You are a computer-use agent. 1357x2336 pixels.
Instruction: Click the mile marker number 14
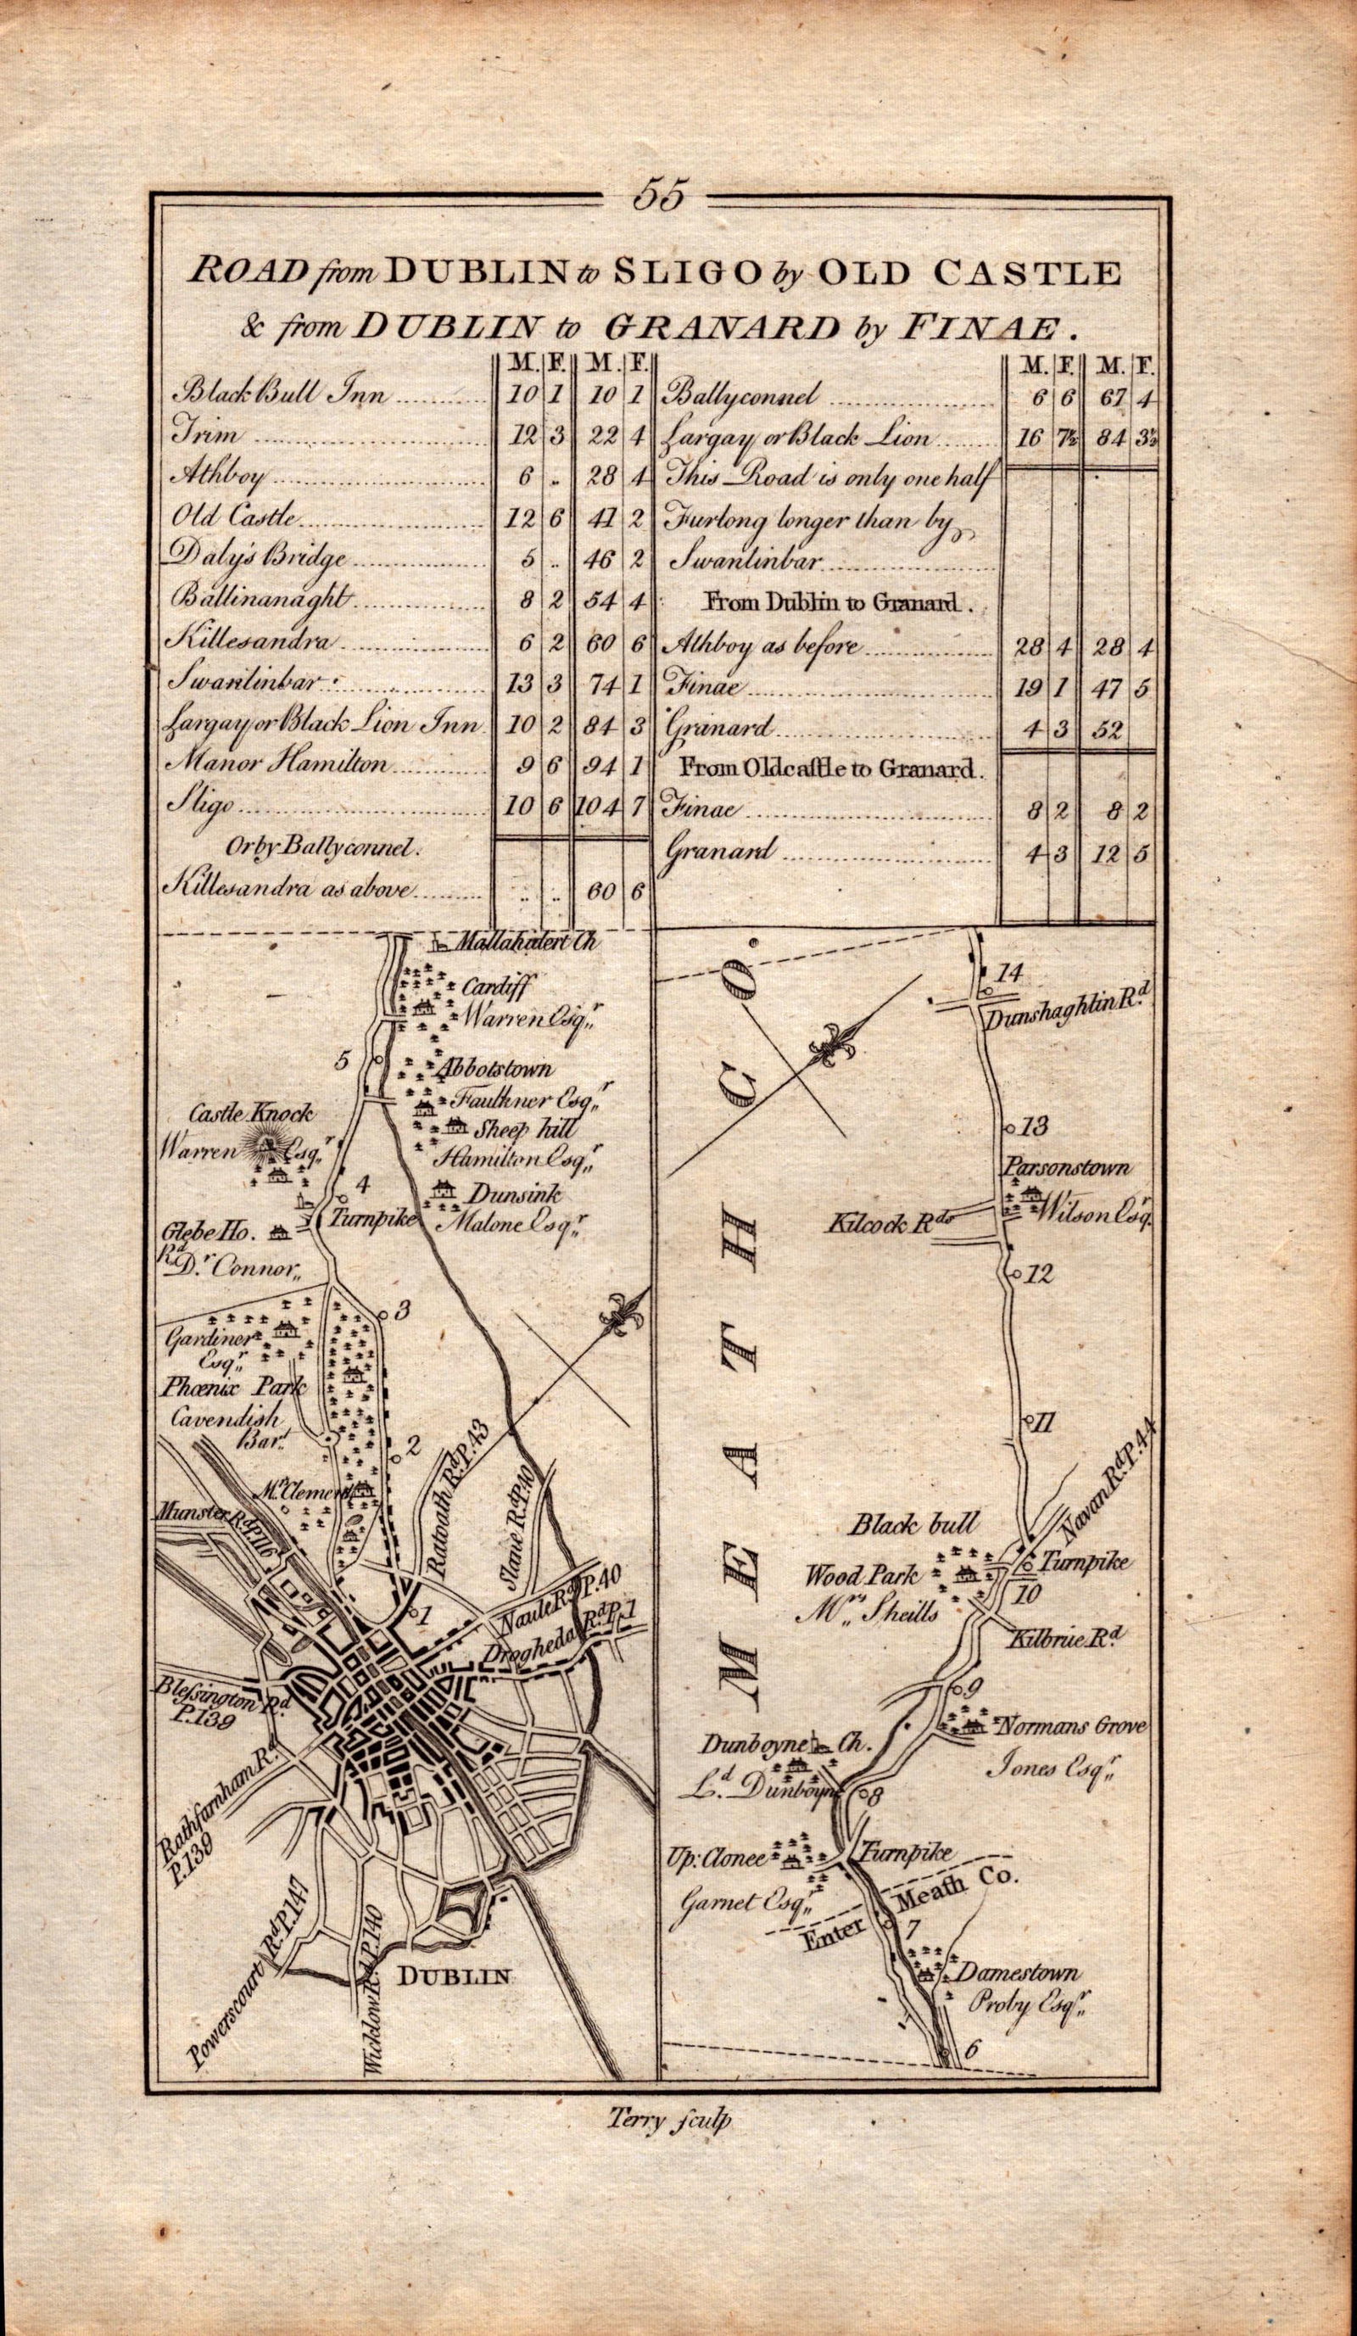tap(1008, 972)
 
